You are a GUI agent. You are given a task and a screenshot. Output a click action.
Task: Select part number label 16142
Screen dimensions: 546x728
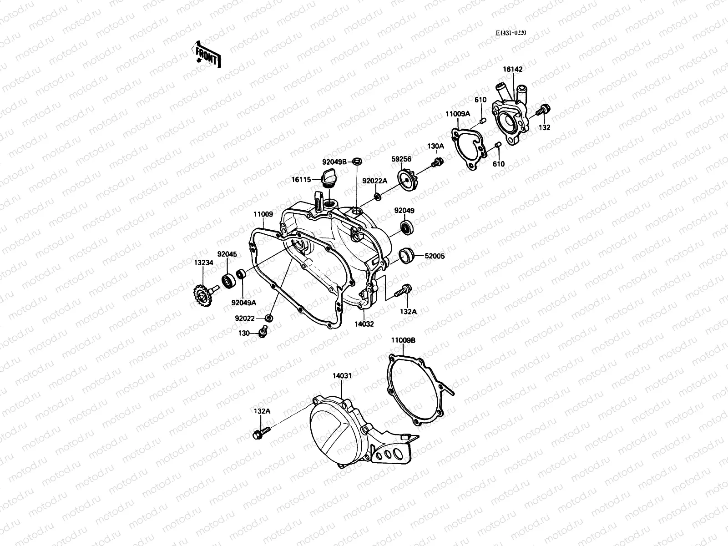(512, 70)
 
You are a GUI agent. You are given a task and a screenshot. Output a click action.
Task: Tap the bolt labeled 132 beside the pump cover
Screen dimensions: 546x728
(543, 110)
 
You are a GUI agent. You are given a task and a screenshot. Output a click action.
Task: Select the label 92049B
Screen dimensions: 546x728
(334, 161)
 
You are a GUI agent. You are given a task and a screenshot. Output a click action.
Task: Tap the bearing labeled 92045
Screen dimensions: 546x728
(227, 281)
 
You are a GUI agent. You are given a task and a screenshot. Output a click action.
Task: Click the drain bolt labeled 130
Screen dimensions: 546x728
(263, 333)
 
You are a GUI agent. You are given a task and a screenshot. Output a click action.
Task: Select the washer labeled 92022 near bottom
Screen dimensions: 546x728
(269, 317)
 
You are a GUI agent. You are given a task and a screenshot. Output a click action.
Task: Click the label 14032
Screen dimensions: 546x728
(364, 324)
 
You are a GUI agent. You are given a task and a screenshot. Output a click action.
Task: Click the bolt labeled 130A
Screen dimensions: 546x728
(438, 162)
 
